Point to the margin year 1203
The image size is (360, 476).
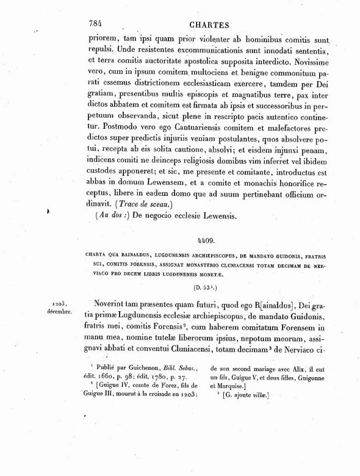coord(52,302)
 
